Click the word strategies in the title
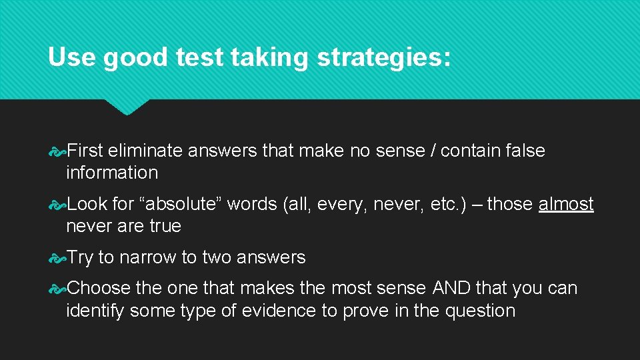[x=383, y=58]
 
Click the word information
[x=112, y=173]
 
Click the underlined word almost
[x=566, y=204]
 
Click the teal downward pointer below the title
[x=127, y=107]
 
